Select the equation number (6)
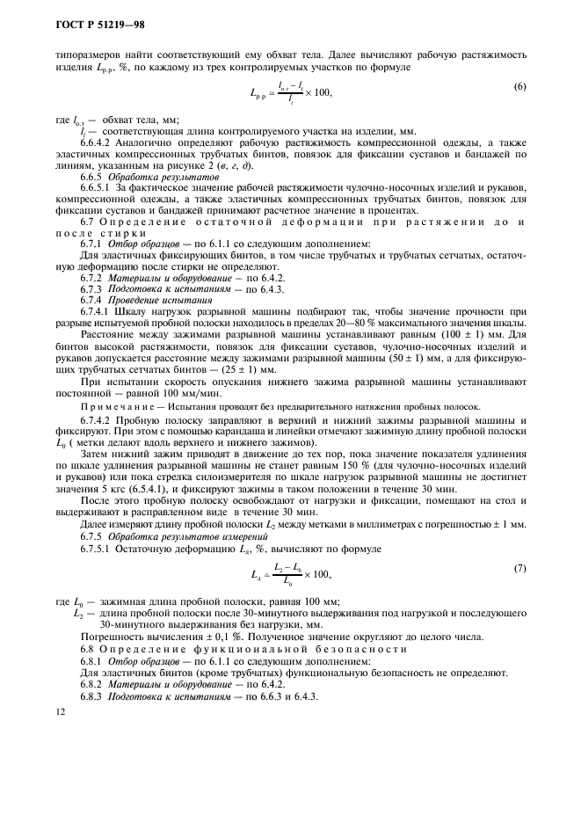(519, 85)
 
